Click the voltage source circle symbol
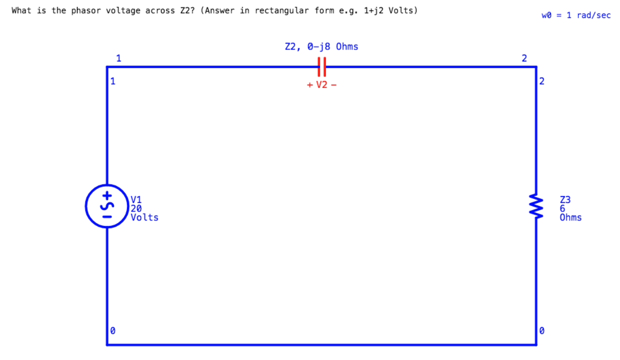pos(107,206)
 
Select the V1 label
pos(136,199)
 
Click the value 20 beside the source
pos(136,208)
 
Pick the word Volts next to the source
pos(144,217)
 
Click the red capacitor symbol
pos(322,66)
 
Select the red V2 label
pos(321,85)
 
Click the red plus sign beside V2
pos(310,85)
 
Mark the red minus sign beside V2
pos(333,85)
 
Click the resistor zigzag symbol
pos(536,206)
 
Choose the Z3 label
pos(565,199)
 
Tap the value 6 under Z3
pos(562,208)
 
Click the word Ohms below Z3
pos(570,217)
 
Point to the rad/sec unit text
pos(594,15)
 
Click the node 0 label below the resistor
pos(541,330)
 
